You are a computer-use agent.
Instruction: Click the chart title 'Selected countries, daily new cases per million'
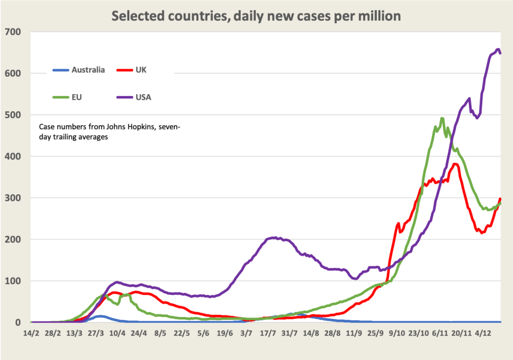[x=256, y=16]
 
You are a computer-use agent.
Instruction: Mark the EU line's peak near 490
[x=442, y=119]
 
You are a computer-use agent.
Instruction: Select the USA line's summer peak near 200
[x=274, y=238]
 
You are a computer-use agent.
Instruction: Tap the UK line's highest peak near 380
[x=455, y=164]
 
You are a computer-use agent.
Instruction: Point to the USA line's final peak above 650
[x=498, y=49]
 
